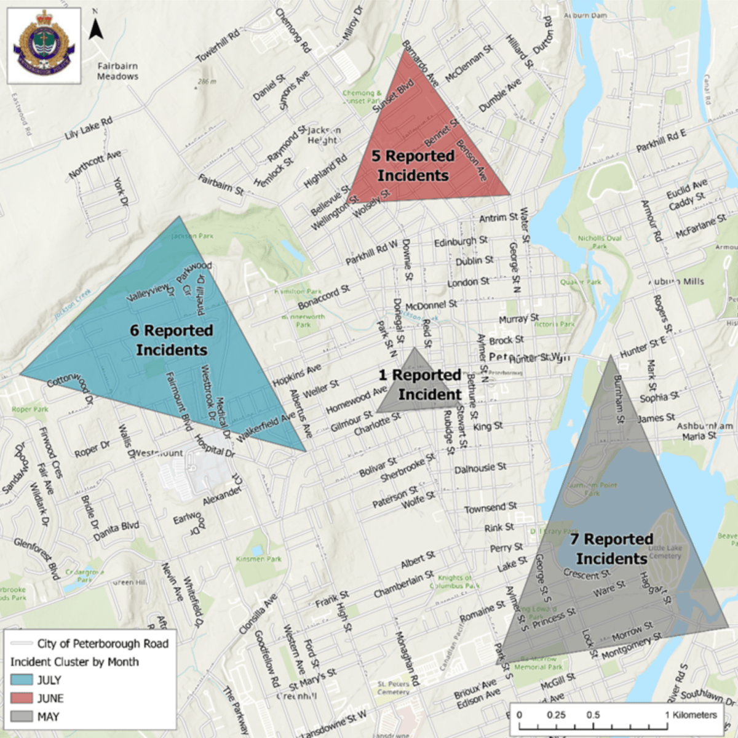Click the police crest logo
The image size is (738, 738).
(44, 46)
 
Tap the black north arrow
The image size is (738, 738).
(95, 29)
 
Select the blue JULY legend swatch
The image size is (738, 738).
(22, 680)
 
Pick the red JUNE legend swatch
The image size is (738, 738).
(22, 698)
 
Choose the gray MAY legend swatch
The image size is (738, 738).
(22, 716)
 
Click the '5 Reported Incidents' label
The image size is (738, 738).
(413, 166)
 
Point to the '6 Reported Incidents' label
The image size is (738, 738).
(172, 340)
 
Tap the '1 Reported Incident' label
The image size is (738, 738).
(420, 384)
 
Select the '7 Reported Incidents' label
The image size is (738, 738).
(611, 549)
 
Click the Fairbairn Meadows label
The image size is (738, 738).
(117, 71)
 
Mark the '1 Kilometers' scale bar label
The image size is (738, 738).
(691, 715)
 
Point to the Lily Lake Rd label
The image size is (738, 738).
(89, 128)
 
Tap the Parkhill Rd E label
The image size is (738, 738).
(661, 141)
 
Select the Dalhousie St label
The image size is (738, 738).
(480, 469)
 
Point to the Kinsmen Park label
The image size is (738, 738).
(258, 559)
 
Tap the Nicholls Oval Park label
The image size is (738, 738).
(600, 242)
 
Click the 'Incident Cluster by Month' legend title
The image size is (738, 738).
(74, 662)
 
